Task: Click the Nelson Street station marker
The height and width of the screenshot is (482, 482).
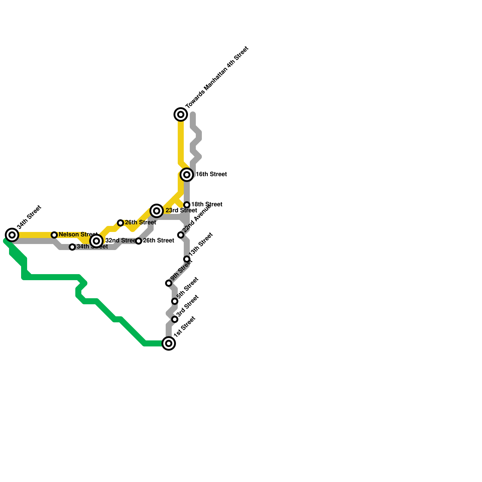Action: click(54, 235)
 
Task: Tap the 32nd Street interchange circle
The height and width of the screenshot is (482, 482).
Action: click(96, 241)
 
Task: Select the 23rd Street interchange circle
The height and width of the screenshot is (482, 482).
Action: click(157, 211)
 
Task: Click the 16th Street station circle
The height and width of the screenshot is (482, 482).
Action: click(187, 175)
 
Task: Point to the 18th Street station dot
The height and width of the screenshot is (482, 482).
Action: click(187, 205)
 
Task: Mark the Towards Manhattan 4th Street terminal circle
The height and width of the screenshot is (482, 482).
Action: click(181, 114)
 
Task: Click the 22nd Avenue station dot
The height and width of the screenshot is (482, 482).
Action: click(181, 235)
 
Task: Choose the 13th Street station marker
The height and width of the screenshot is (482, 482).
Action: click(187, 259)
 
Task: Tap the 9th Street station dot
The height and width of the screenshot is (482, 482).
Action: click(169, 283)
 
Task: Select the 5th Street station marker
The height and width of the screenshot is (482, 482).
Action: click(175, 301)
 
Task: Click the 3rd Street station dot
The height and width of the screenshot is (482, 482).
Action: click(175, 319)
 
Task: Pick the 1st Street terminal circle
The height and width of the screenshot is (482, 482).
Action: click(169, 343)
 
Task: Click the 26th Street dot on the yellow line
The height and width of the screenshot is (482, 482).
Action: click(120, 223)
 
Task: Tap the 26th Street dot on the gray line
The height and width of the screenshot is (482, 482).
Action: click(139, 241)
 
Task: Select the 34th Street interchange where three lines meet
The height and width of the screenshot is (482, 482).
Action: click(12, 235)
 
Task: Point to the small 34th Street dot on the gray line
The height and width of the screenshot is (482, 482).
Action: click(72, 247)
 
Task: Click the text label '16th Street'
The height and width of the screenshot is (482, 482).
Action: click(211, 174)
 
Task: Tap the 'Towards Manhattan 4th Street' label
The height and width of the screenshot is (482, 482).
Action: click(217, 77)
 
